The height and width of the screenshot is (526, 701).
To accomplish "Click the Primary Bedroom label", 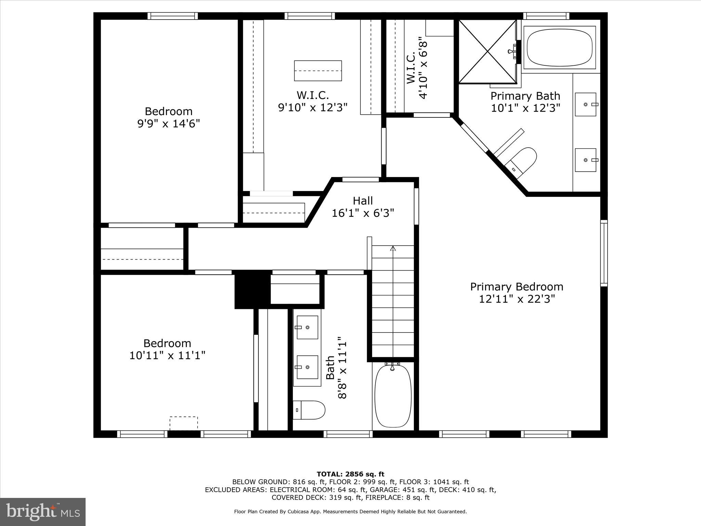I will (x=516, y=287).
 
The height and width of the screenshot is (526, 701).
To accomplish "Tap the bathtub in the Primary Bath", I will (x=559, y=47).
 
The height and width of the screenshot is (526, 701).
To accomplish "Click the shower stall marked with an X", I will (x=487, y=51).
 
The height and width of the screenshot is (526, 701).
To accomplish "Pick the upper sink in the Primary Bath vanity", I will (x=585, y=104).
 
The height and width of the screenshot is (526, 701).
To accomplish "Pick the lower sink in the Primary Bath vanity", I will (x=585, y=160).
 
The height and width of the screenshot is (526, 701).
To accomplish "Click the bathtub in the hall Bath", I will (x=393, y=396).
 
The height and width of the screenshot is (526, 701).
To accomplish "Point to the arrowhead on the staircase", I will (x=393, y=248).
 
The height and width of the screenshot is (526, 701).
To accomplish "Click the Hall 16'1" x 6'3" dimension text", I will (x=363, y=213).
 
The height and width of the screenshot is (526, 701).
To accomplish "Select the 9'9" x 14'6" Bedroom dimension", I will (x=168, y=123).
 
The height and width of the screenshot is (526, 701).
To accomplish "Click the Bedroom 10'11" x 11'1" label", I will (x=167, y=343).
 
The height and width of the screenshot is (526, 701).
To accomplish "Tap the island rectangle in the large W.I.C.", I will (x=318, y=71).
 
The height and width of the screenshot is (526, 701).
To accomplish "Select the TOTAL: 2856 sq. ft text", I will (x=350, y=474).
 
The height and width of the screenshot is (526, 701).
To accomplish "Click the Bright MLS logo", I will (x=42, y=512).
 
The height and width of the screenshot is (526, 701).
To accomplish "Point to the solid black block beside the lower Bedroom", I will (x=252, y=289).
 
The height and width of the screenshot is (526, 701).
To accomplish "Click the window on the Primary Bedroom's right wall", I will (x=604, y=253).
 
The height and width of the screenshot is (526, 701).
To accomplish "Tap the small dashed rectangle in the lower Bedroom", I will (x=184, y=423).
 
